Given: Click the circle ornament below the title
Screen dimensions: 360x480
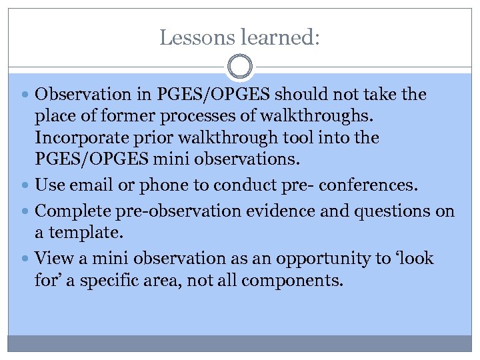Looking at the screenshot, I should click(240, 67).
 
